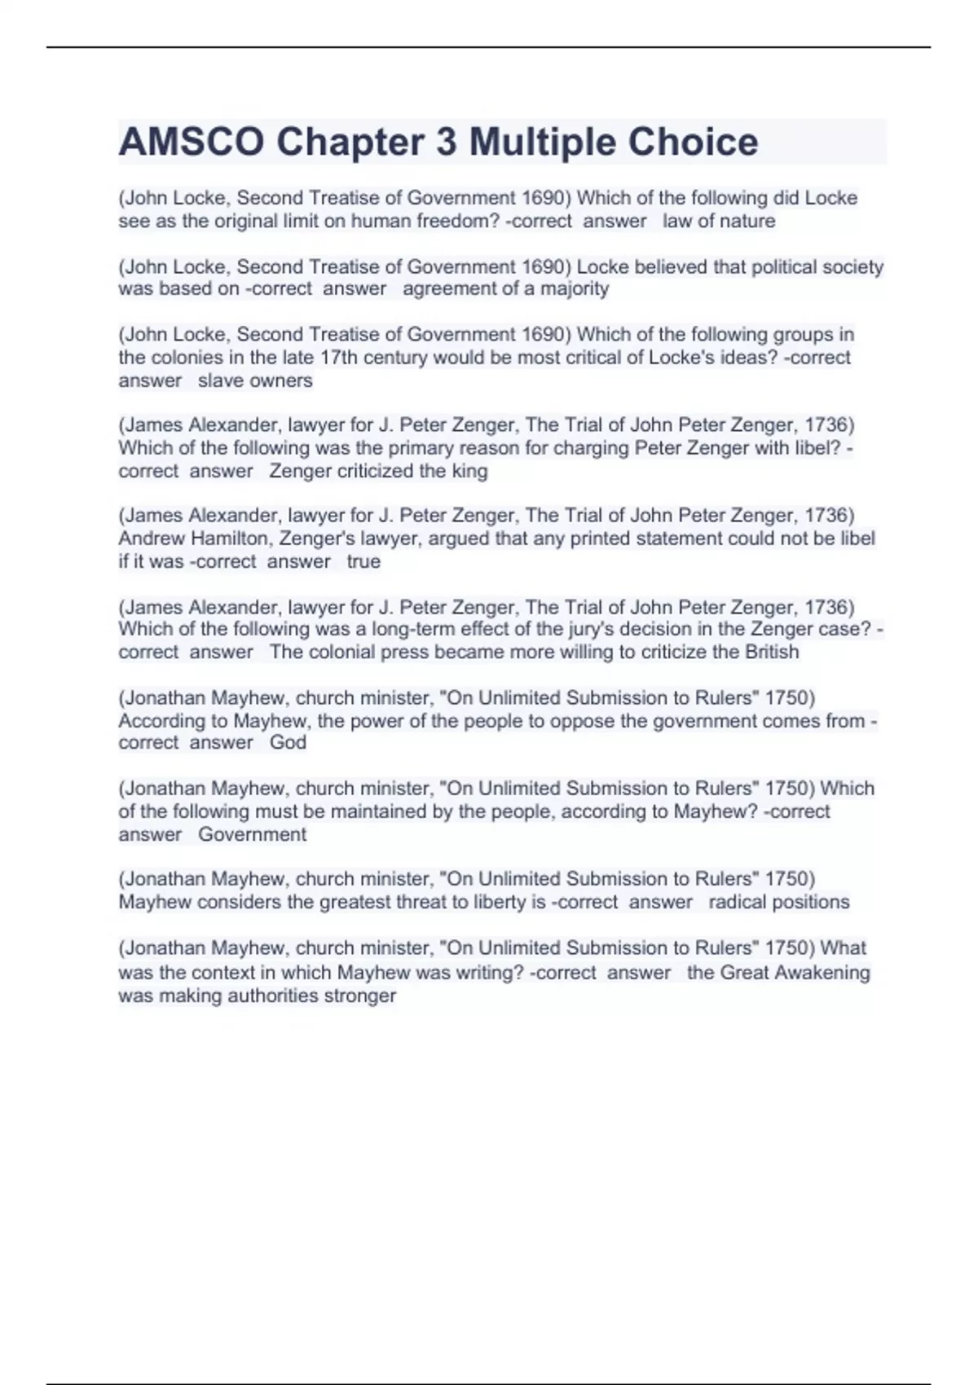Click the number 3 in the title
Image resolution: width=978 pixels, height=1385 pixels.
(x=446, y=142)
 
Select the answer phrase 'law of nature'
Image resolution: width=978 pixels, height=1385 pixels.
(x=719, y=221)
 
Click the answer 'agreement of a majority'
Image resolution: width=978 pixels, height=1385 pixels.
(x=505, y=288)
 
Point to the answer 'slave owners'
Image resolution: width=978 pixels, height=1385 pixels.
(x=255, y=380)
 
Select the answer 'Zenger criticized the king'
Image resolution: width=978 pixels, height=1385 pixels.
(x=378, y=471)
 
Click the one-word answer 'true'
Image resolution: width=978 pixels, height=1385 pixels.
(x=363, y=561)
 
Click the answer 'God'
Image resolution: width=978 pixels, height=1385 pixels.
(x=288, y=742)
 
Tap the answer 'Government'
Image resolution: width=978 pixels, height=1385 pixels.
(x=253, y=834)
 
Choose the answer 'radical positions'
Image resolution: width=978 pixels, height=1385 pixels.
(x=778, y=902)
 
